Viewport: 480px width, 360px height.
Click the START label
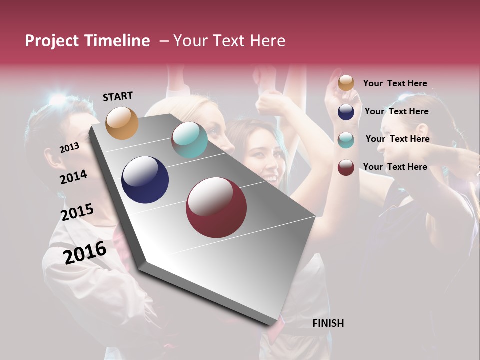[x=118, y=96]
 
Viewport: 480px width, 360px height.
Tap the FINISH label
[x=328, y=323]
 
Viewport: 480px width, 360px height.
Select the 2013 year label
[x=69, y=147]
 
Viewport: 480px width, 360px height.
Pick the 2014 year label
[x=73, y=177]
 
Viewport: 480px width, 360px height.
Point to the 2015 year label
[x=77, y=212]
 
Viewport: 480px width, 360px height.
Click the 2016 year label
[x=85, y=252]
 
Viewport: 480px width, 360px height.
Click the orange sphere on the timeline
[x=122, y=123]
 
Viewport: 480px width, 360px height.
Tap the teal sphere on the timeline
[x=189, y=140]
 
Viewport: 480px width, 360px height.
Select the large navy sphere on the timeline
[x=145, y=180]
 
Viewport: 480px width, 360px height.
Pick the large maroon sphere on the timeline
[x=216, y=207]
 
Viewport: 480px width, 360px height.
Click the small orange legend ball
[x=346, y=83]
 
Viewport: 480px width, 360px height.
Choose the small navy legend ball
[x=346, y=112]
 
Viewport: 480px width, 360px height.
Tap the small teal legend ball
[x=346, y=140]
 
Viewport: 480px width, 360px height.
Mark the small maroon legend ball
[x=346, y=167]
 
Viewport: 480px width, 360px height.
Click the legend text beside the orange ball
[x=395, y=83]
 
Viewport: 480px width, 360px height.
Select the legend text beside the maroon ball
[x=395, y=167]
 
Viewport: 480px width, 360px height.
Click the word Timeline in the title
[x=117, y=41]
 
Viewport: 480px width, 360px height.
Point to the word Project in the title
[x=52, y=41]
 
